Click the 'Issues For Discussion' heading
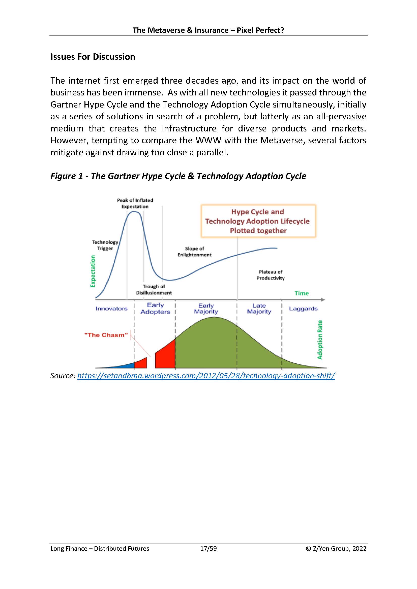pos(93,57)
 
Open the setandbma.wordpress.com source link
pos(206,376)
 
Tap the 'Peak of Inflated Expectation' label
pos(135,203)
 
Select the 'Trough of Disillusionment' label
pos(154,289)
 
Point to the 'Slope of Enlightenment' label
pos(194,252)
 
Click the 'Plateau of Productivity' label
pos(270,275)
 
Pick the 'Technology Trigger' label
pos(105,245)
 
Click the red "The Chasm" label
pos(106,335)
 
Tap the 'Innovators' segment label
pos(111,309)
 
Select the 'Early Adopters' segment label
pos(155,308)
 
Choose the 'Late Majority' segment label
pos(259,308)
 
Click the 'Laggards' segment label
pos(303,309)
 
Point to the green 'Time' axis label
pos(302,293)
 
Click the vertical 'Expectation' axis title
pos(93,271)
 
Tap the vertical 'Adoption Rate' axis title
pos(320,340)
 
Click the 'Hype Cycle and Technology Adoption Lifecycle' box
pos(258,221)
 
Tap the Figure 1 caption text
pos(178,176)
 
